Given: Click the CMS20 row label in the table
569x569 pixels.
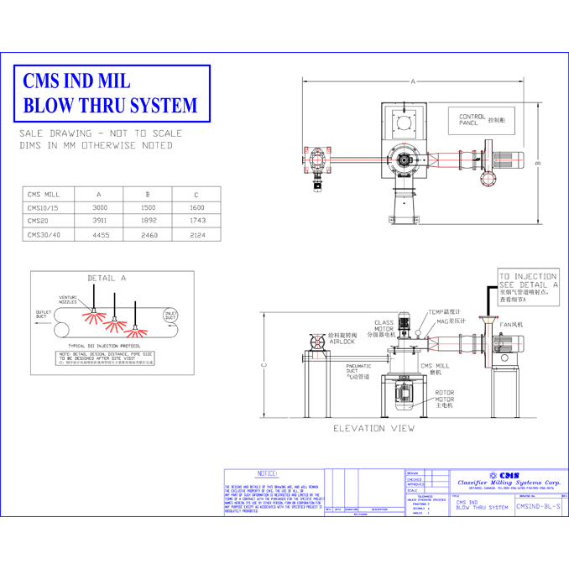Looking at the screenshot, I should tap(37, 221).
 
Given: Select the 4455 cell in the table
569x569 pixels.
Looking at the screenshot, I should tap(101, 235).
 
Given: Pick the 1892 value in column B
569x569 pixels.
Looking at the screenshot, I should tap(149, 221).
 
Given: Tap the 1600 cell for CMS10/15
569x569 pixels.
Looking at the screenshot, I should tap(196, 207).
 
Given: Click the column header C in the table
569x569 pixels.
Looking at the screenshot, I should tap(196, 194).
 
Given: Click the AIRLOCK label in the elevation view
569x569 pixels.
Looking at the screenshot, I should tap(342, 342).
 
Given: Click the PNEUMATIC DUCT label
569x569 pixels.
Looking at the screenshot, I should tap(358, 369).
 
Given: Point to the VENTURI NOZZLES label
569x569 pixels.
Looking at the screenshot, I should tap(68, 300).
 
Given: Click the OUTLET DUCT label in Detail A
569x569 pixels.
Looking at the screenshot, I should tap(43, 315).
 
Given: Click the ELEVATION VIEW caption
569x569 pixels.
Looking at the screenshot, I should tap(373, 428).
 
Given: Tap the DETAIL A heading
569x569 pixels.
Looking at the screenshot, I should tap(107, 278).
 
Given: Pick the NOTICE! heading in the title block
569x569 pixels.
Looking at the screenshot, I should tap(269, 474).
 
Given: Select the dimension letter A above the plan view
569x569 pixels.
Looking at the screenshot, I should tap(413, 81).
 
